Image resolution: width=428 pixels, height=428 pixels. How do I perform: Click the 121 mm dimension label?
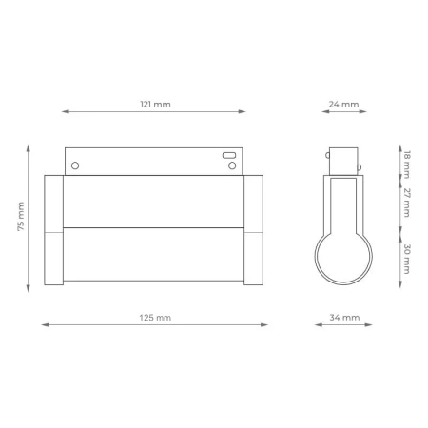155,103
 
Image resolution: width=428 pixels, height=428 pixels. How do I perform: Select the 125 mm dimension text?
155,316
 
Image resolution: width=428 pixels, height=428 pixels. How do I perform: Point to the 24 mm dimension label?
344,103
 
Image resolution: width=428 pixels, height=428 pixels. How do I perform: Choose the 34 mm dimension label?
344,316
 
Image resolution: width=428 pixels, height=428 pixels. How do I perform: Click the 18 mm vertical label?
406,163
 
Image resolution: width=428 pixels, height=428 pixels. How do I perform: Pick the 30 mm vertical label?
406,258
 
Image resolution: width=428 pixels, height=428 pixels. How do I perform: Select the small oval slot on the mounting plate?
229,153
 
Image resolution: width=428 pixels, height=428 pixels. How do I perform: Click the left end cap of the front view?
53,230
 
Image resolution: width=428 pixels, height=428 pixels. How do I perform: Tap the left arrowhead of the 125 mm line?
44,324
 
